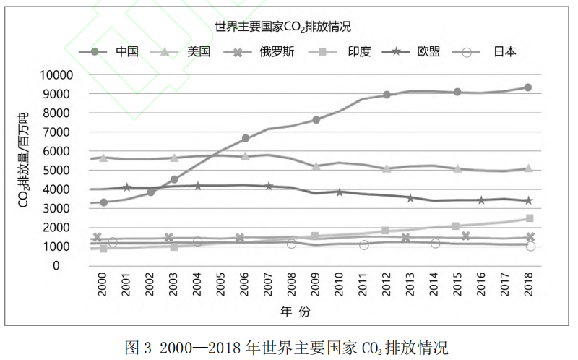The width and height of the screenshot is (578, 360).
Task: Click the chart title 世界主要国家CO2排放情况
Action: pos(282,27)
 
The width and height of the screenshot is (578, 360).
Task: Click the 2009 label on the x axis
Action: pos(315,285)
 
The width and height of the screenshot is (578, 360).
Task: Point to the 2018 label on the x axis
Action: pos(529,285)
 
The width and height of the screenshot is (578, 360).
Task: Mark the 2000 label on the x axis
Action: pos(103,285)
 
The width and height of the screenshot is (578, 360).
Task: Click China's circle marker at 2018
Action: pos(528,87)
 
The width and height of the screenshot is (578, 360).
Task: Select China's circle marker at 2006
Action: pos(246,138)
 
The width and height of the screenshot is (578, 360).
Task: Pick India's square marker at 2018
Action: pos(529,218)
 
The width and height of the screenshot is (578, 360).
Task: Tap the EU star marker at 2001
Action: pos(127,187)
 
